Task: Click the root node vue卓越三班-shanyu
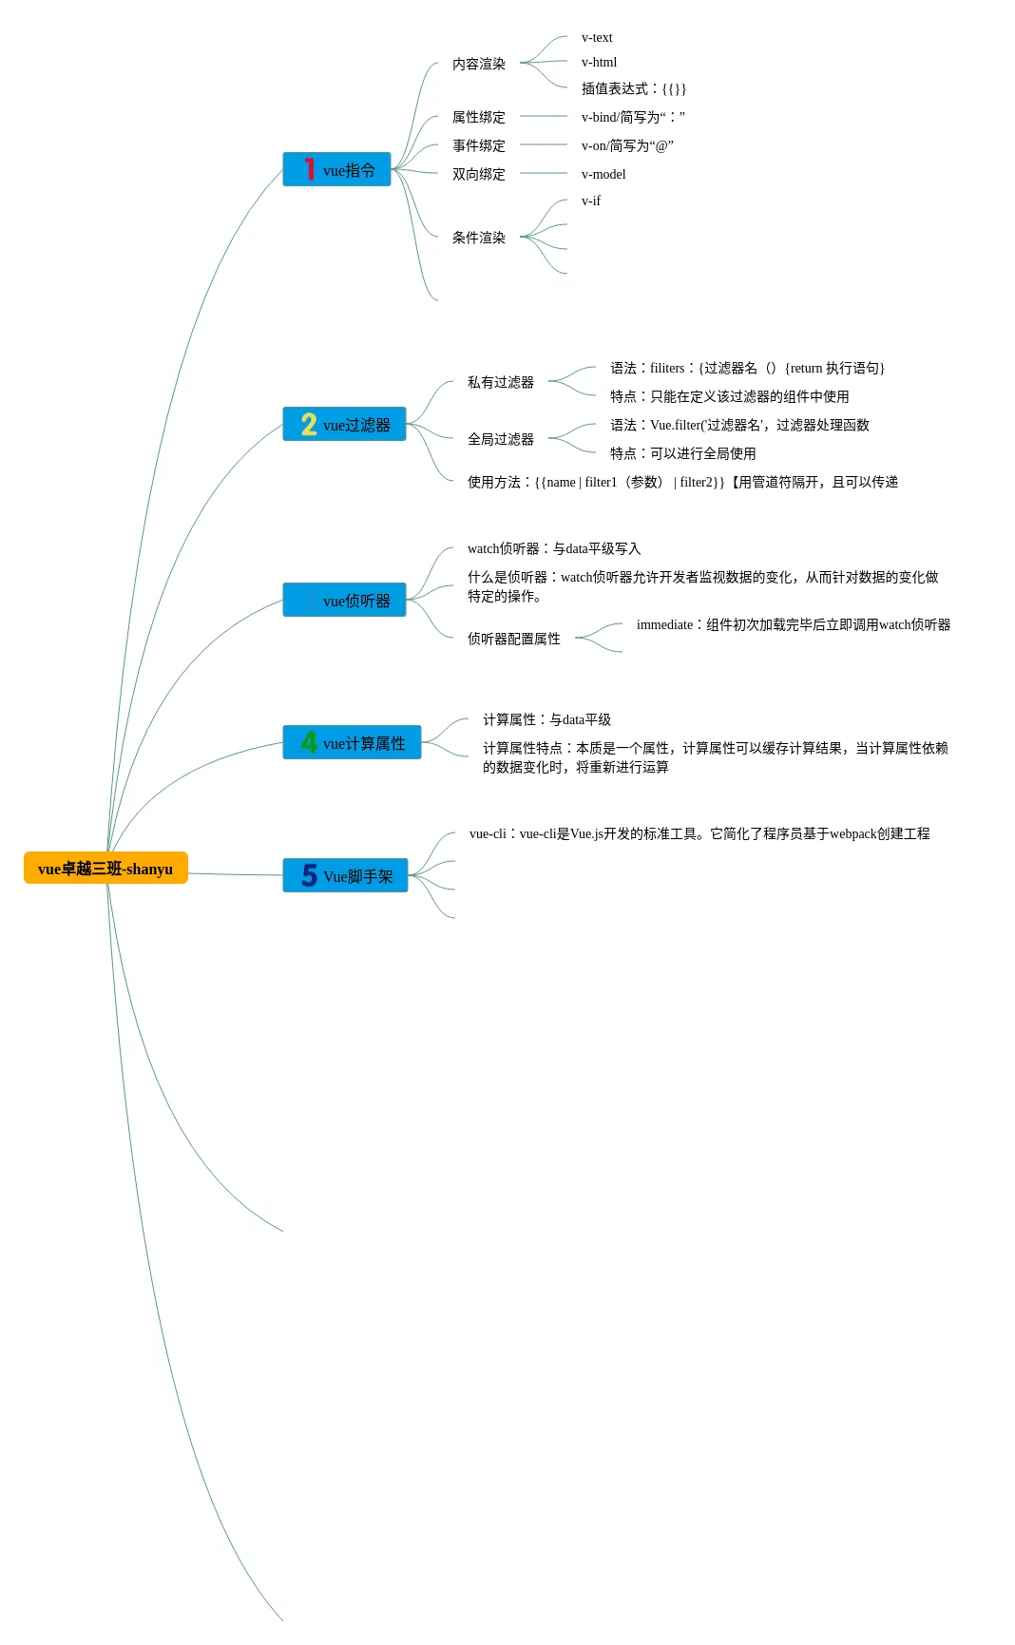(105, 868)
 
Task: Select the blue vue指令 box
(336, 169)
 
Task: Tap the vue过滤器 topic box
(344, 424)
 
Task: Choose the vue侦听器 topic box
(344, 600)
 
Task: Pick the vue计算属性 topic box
(352, 742)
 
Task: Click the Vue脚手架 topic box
(345, 875)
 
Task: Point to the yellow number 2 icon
(309, 424)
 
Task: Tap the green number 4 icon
(309, 742)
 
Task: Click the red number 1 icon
(309, 169)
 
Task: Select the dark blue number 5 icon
(309, 875)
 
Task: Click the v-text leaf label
(597, 38)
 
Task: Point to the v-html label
(599, 63)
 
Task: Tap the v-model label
(603, 175)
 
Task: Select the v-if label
(591, 201)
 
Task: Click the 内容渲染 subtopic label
(479, 64)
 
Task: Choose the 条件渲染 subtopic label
(479, 238)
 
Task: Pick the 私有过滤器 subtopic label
(501, 382)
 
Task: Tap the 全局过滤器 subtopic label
(501, 439)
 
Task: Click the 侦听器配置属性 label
(514, 639)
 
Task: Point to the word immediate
(664, 625)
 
